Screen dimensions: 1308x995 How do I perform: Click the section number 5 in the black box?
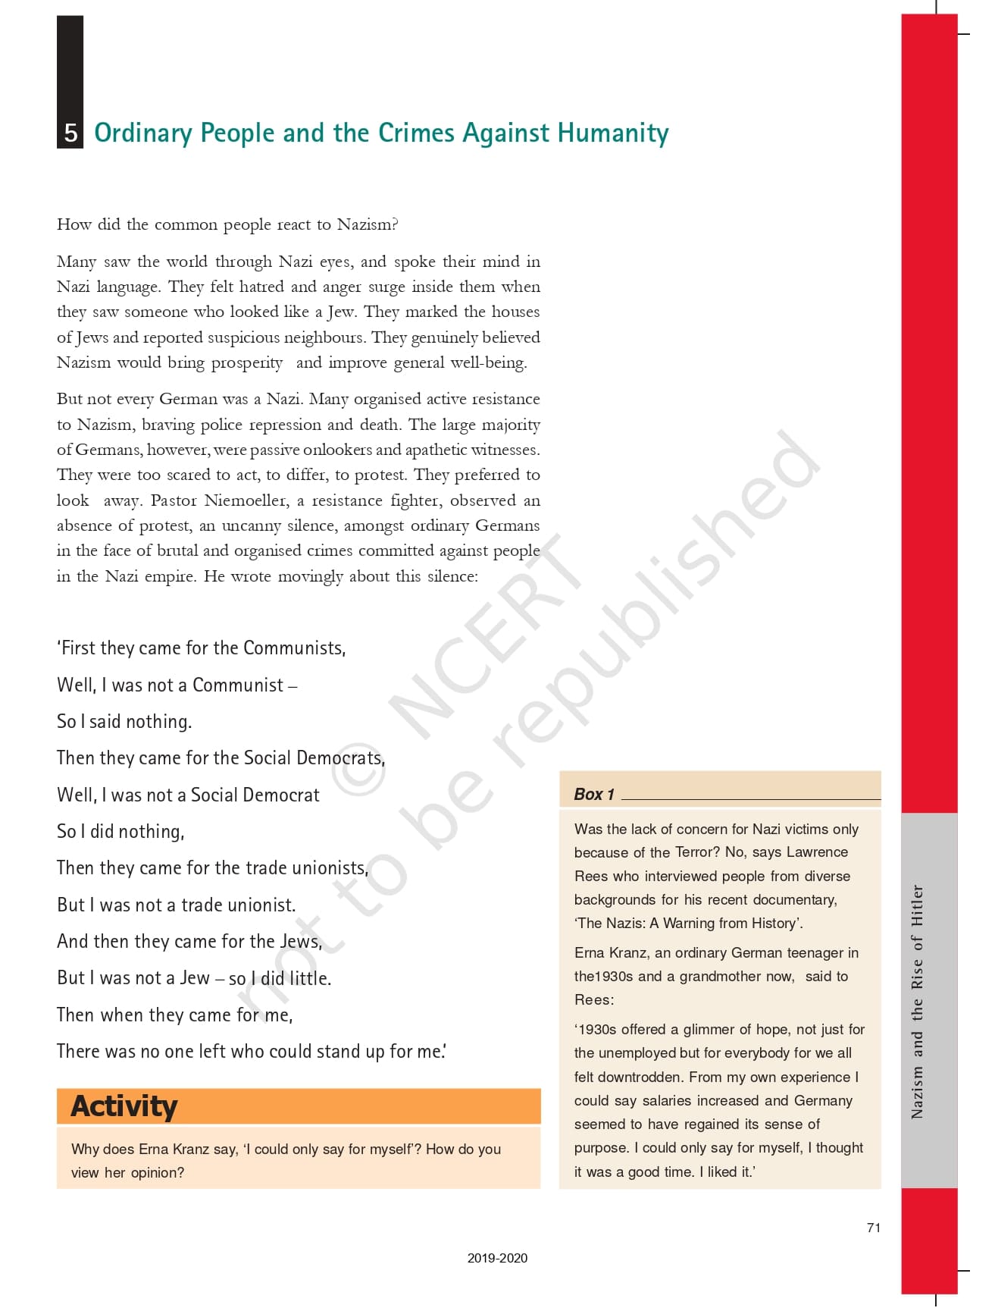coord(70,133)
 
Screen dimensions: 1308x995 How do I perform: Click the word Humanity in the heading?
coord(613,133)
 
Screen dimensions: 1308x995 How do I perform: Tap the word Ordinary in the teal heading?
coord(142,133)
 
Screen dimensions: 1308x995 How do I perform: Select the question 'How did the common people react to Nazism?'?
coord(227,224)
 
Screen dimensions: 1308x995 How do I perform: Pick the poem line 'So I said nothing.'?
coord(124,721)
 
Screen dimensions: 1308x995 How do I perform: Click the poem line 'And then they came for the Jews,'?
coord(189,941)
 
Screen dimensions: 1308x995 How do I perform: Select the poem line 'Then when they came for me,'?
coord(175,1015)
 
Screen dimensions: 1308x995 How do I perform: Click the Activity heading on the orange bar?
coord(124,1106)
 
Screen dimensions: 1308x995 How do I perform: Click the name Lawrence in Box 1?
coord(817,852)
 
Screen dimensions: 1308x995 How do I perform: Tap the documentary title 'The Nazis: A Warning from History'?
coord(688,924)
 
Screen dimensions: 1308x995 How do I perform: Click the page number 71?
coord(874,1228)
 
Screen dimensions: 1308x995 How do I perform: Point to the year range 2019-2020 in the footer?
coord(497,1258)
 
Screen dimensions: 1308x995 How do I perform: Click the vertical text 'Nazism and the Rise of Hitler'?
coord(918,1001)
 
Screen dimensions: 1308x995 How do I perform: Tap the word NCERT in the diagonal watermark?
coord(485,637)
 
